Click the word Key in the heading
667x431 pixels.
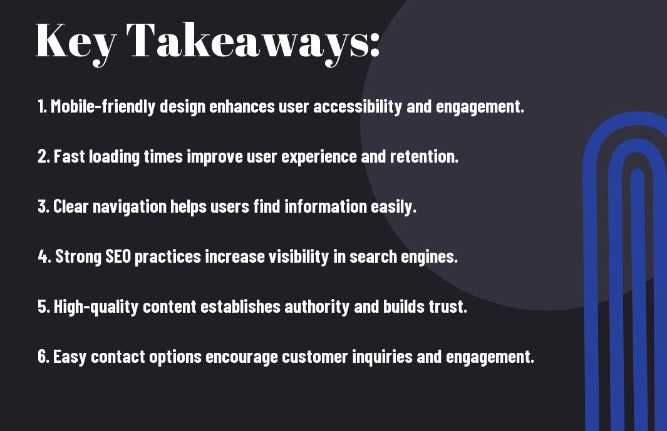[x=76, y=43]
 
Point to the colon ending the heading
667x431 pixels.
[x=375, y=46]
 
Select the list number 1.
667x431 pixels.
[x=42, y=106]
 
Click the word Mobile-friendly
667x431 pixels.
[x=103, y=107]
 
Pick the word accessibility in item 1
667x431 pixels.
[x=358, y=107]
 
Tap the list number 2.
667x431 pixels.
[x=43, y=156]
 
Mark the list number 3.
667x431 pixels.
[x=43, y=206]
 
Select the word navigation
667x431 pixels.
[x=129, y=207]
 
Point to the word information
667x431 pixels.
[x=326, y=206]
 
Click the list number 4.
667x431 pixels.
[x=44, y=256]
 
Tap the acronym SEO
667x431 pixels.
[x=118, y=256]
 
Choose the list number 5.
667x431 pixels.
[x=44, y=307]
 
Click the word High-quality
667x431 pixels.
[x=96, y=307]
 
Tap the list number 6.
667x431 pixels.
[x=43, y=357]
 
